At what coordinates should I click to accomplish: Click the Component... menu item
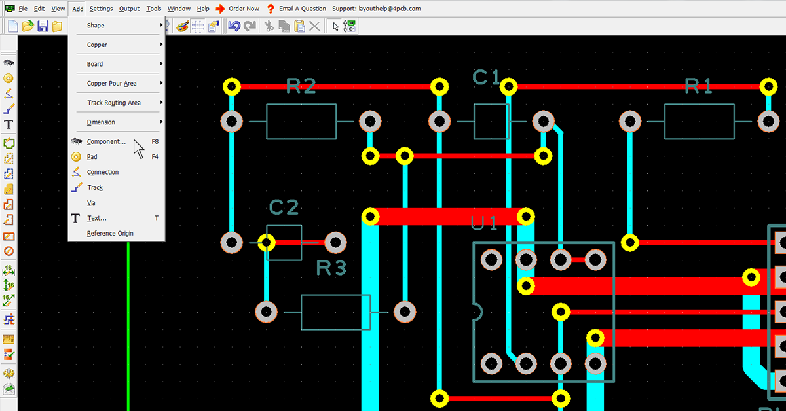(x=106, y=141)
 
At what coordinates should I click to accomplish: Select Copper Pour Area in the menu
(x=111, y=84)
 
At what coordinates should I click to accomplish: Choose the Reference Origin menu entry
(x=109, y=234)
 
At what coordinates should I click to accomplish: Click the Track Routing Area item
(x=113, y=103)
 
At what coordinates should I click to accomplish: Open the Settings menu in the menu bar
(x=101, y=9)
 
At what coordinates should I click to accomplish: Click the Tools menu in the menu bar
(x=154, y=9)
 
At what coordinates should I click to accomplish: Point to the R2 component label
(x=301, y=86)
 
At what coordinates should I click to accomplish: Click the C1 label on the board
(x=487, y=77)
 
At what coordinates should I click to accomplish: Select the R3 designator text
(x=331, y=268)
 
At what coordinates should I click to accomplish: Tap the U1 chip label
(x=485, y=223)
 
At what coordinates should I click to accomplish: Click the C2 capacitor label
(x=284, y=207)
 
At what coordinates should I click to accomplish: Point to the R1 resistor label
(x=699, y=86)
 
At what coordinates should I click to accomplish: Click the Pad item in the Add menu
(x=92, y=157)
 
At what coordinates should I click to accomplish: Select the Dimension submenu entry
(x=101, y=122)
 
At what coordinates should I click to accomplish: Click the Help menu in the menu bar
(x=203, y=9)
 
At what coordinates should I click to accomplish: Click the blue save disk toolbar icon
(x=43, y=26)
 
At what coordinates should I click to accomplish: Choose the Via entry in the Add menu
(x=91, y=203)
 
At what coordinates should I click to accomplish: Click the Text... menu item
(x=96, y=218)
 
